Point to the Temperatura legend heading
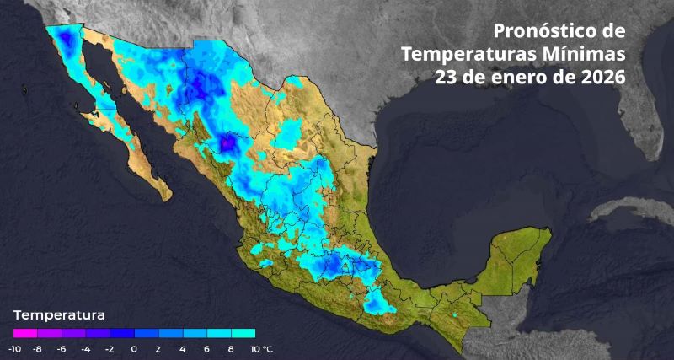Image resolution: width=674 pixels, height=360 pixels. pos(59,315)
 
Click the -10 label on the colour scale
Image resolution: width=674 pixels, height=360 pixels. pos(14,348)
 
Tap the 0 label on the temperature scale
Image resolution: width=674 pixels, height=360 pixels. pos(135,348)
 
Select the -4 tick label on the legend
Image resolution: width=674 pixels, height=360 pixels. pos(86,348)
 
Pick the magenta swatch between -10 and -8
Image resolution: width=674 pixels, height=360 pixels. pos(25,333)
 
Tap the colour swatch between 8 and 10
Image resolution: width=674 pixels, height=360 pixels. pos(243,333)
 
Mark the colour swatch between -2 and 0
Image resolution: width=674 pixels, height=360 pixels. pos(122,333)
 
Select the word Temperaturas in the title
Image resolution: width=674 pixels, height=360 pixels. pos(471,54)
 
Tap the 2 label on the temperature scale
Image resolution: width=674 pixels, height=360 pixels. pos(158,348)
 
